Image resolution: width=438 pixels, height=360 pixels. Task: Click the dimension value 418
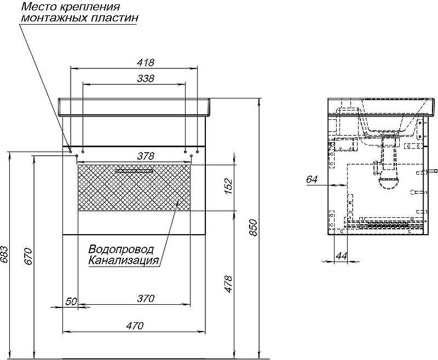pos(146,62)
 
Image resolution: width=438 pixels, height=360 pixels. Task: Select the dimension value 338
pos(146,78)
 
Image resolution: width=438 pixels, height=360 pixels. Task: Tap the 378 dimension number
pos(146,156)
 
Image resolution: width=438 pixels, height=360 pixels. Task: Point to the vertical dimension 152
pos(228,186)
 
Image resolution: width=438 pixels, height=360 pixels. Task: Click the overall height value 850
pos(253,228)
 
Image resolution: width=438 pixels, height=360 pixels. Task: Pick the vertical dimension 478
pos(228,284)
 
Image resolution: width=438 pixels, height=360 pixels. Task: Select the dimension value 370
pos(146,299)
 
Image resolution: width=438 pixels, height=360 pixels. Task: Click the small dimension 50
pos(71,301)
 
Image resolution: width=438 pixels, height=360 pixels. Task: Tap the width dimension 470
pos(135,326)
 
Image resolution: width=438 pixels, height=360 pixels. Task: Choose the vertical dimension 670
pos(29,256)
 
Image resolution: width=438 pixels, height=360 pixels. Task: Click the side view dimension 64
pos(312,179)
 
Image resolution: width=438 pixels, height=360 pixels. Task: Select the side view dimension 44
pos(341,256)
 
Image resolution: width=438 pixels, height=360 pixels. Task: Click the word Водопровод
pos(121,249)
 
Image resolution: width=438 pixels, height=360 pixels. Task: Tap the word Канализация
pos(124,261)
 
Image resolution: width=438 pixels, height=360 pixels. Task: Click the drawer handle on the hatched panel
pos(134,171)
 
